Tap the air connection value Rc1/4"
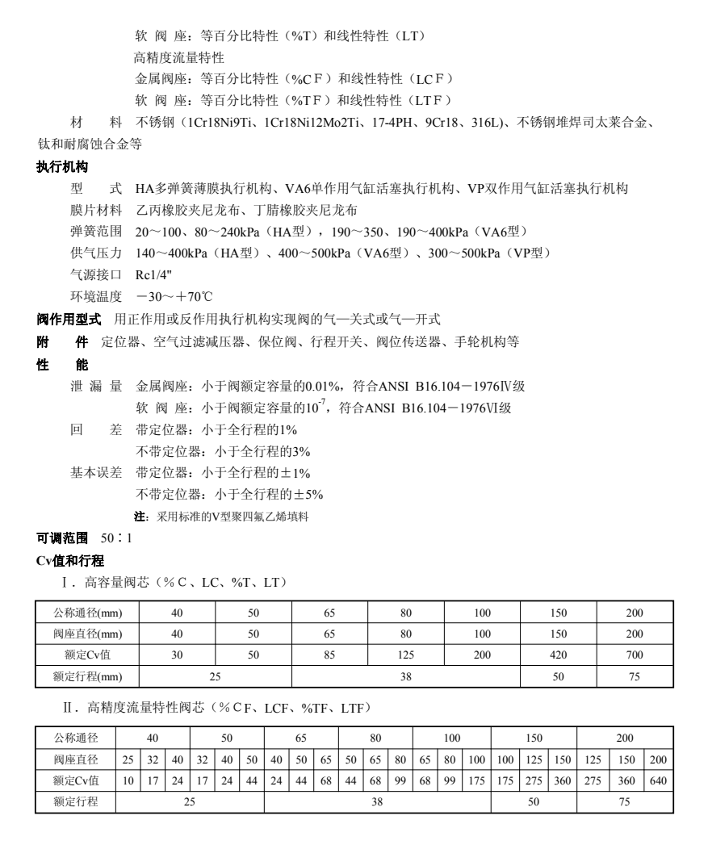click(151, 274)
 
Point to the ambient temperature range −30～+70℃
click(174, 295)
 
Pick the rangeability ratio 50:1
click(116, 538)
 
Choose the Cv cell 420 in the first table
click(558, 655)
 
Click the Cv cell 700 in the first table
click(635, 655)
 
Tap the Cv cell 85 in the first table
click(329, 655)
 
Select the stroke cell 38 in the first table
click(406, 676)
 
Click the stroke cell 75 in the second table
click(624, 802)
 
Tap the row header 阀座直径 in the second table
click(76, 759)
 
